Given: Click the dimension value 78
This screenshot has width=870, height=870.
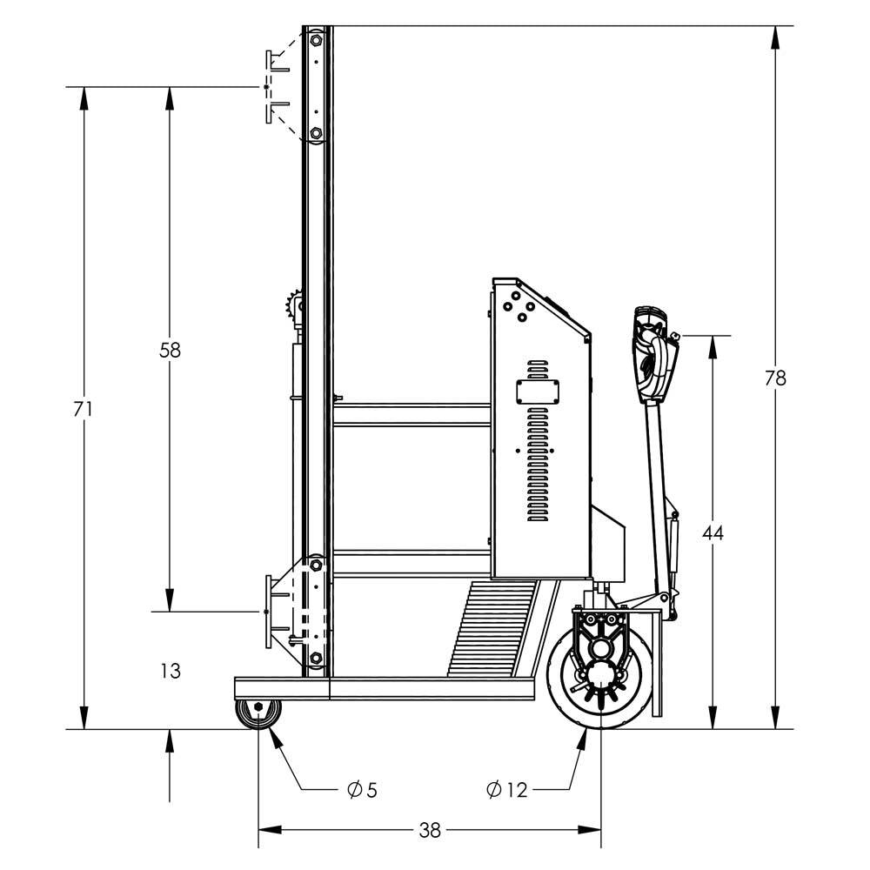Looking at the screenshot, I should pos(775,378).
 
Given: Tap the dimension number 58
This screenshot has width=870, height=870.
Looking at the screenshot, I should pos(170,351).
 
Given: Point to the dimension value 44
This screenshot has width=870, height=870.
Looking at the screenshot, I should pos(713,532).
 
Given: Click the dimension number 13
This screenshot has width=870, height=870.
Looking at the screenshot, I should pos(171,671).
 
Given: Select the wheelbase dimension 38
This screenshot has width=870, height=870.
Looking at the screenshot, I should pos(430,830).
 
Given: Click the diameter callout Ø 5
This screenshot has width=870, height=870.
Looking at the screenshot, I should pos(361,790).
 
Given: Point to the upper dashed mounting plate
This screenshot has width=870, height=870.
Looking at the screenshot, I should pos(277,87).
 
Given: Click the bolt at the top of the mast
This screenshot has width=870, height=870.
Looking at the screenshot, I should pos(316,39).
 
